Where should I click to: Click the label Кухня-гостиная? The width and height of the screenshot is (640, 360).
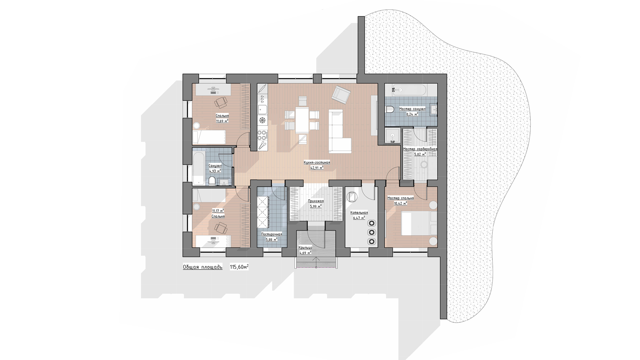click(317, 163)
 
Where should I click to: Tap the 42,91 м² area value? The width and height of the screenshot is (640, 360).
click(317, 168)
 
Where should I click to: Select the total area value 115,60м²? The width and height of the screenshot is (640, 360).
click(239, 267)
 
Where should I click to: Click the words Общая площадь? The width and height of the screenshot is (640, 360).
click(203, 267)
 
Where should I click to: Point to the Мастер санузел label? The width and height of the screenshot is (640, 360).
click(412, 109)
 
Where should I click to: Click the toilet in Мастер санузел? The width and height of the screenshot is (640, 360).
click(390, 109)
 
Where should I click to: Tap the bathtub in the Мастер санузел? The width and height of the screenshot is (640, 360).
click(409, 90)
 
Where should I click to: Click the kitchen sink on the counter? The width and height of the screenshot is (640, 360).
click(262, 110)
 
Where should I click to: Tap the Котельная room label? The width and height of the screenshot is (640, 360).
click(359, 213)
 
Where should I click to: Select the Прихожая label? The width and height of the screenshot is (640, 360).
click(316, 201)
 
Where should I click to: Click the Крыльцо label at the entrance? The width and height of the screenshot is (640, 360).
click(305, 247)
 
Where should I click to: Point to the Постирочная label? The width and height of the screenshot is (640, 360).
click(272, 234)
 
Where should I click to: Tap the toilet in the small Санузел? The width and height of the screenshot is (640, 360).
click(211, 181)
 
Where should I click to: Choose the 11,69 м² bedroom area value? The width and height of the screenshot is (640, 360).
click(222, 121)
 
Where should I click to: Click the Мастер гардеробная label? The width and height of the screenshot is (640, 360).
click(420, 149)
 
